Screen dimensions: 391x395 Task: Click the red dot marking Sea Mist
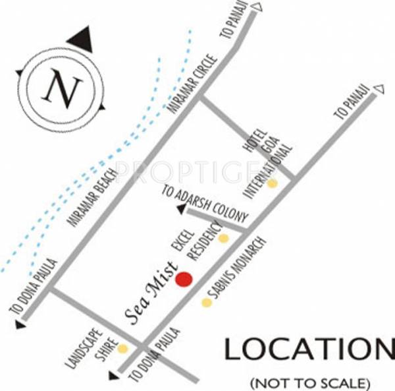184,279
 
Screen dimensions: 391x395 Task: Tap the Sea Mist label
150,292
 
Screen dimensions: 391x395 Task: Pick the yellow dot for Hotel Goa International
272,183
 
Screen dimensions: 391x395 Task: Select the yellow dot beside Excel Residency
223,238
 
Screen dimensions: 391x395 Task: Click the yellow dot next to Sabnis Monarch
207,303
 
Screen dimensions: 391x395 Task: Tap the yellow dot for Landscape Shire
122,349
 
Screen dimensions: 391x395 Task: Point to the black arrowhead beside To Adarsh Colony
180,210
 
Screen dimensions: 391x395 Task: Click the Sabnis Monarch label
235,266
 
